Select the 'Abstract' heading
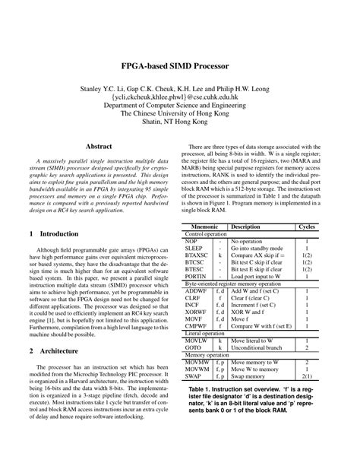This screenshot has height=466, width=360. pos(99,145)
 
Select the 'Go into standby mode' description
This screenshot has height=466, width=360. pos(259,249)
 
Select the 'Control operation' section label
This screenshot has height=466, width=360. pos(206,234)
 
